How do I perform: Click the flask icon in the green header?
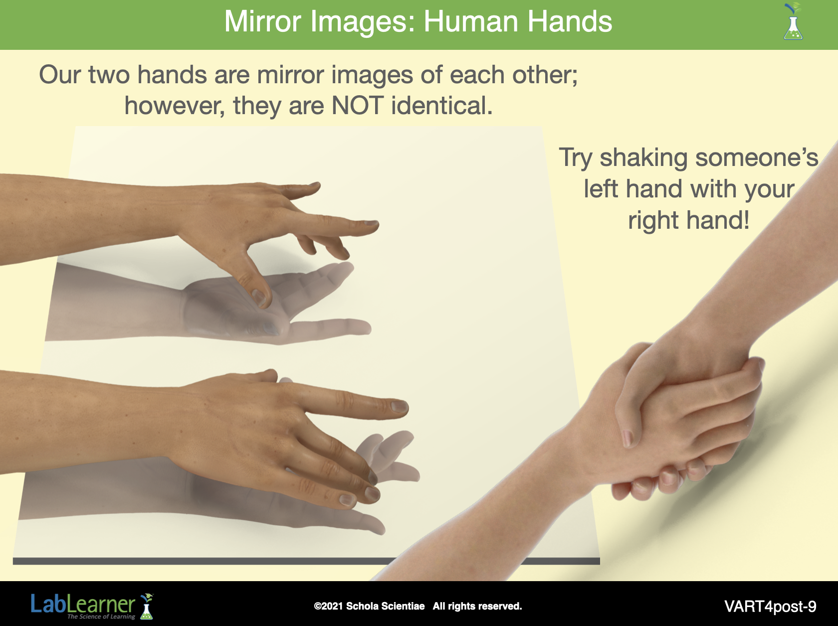pos(793,21)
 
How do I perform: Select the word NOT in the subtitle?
pos(357,105)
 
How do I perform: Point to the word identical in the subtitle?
pos(442,105)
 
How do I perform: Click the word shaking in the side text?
pos(643,158)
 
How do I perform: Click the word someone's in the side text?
pos(757,158)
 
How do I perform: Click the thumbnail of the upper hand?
pos(259,296)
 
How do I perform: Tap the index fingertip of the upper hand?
pos(372,225)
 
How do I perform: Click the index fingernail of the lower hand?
pos(400,406)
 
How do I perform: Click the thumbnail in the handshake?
pos(628,438)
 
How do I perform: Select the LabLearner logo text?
pos(83,604)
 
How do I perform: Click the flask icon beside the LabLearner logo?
pos(147,606)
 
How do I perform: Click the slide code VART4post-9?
pos(771,607)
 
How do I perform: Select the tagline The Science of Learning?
pos(101,617)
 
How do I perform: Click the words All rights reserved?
pos(477,606)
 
